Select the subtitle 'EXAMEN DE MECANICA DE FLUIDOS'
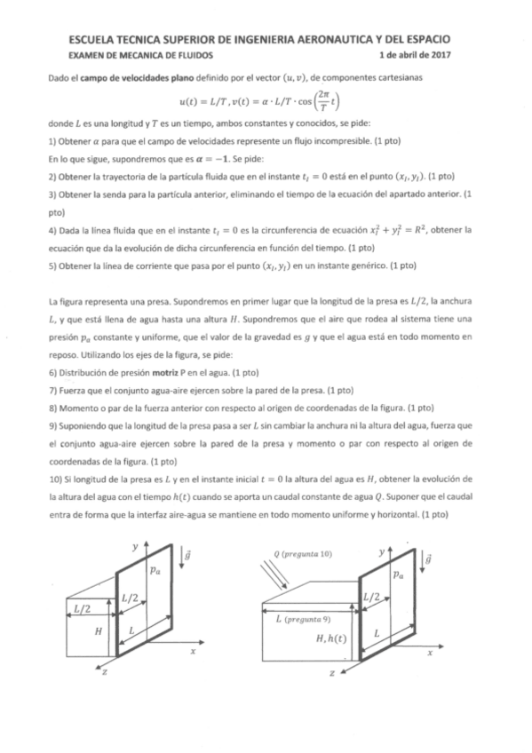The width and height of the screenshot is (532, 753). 135,55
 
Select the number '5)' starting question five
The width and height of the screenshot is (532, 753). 53,265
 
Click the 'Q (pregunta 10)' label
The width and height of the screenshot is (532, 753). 304,553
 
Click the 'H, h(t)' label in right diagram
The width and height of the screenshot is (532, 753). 332,638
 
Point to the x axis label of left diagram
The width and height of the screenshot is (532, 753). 192,650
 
